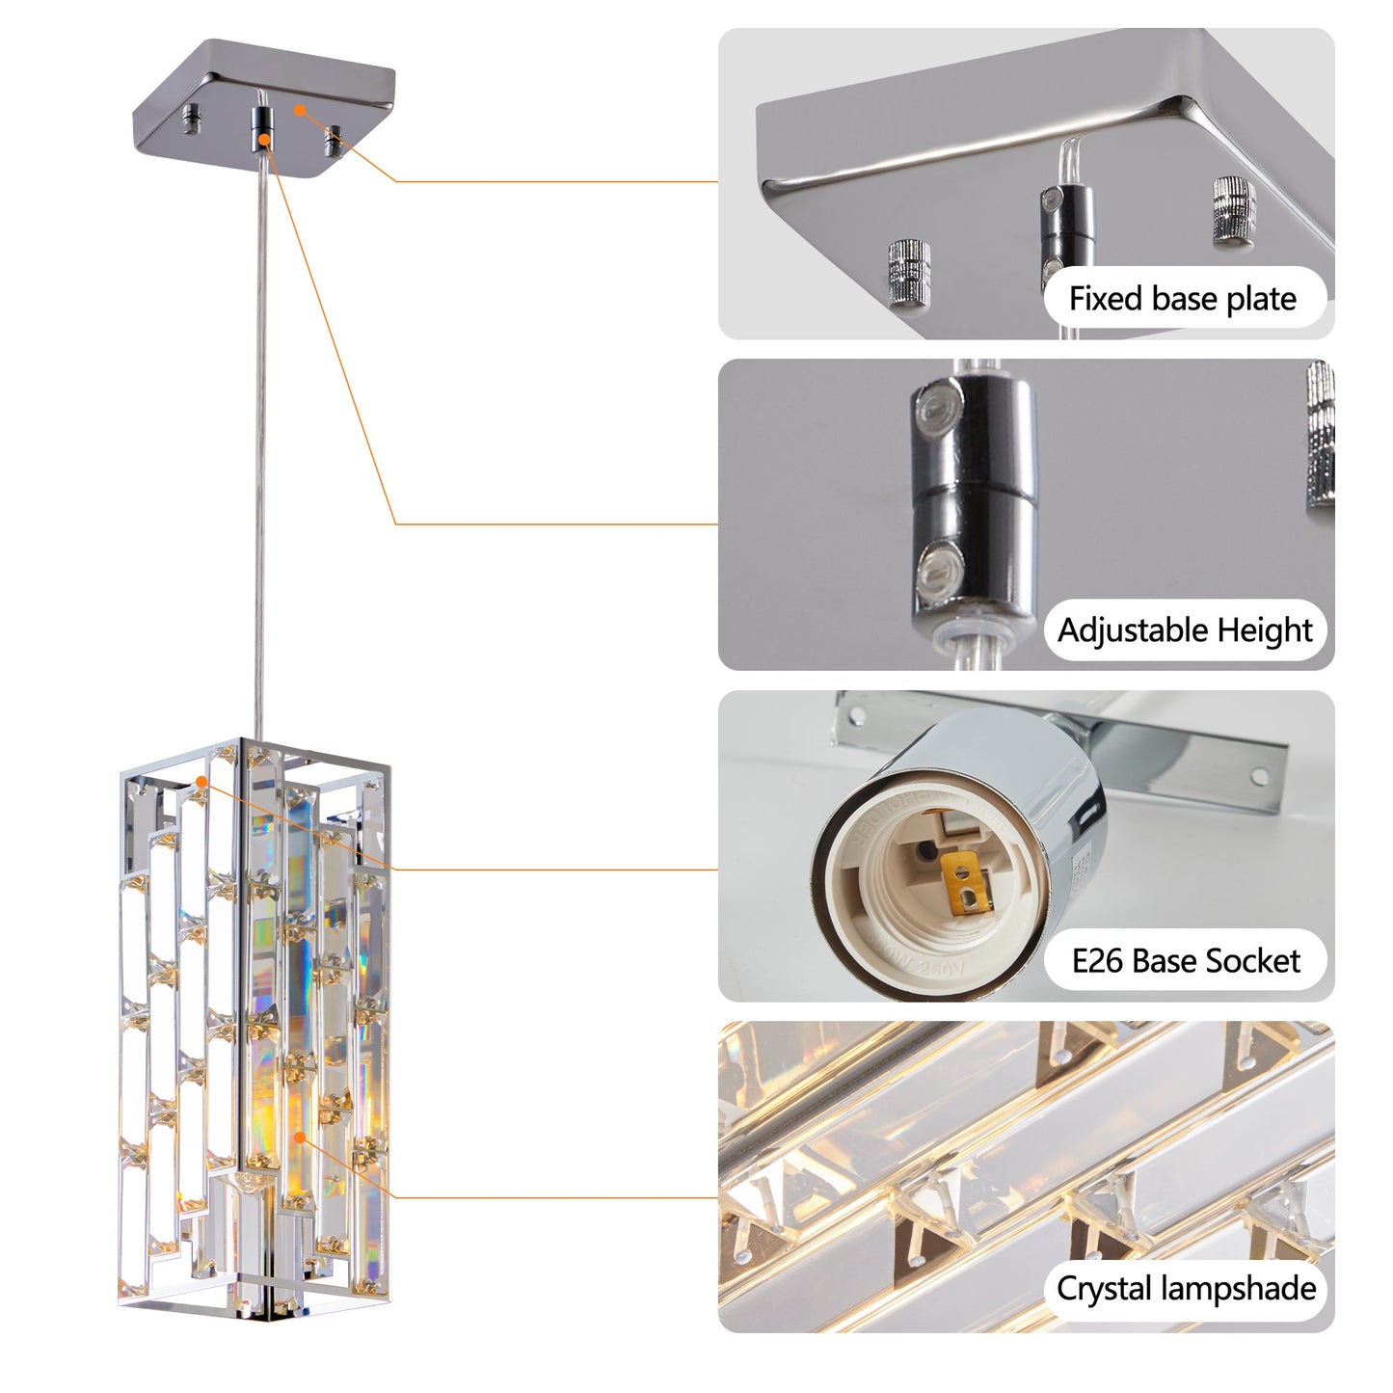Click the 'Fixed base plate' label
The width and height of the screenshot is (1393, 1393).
click(1183, 299)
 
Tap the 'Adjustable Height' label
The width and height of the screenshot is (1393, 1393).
click(1185, 630)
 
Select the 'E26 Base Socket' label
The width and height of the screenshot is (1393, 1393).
click(1185, 961)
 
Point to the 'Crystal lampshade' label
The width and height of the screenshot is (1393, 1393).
click(1185, 1289)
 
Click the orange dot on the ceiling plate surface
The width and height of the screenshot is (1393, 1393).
click(300, 110)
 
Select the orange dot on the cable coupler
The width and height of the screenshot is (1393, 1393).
click(264, 141)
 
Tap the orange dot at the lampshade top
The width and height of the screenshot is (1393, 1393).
click(201, 780)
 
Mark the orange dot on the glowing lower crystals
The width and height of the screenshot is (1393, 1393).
click(300, 1138)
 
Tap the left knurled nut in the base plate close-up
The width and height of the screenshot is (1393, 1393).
click(909, 272)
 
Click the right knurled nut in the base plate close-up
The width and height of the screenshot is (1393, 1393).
click(1233, 209)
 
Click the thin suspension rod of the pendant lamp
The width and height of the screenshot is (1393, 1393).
click(259, 434)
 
